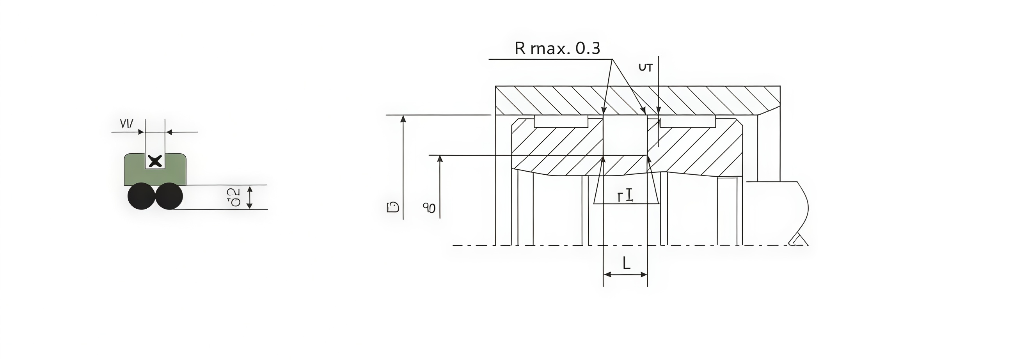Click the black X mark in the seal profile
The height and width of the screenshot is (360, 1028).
155,161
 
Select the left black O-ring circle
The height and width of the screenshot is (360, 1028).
141,196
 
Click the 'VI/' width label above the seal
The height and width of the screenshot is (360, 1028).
126,124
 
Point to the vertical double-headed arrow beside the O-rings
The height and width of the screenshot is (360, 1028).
249,197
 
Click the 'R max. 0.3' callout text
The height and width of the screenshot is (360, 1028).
557,48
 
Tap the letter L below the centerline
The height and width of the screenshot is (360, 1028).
626,263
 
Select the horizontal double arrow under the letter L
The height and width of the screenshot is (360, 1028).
625,274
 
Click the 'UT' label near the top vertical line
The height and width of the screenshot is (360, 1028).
645,68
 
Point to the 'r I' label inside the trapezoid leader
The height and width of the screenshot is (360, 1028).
625,195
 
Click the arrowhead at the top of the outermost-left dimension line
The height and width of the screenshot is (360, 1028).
403,119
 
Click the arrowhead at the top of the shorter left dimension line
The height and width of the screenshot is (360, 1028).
440,158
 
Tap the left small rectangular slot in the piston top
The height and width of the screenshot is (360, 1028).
561,121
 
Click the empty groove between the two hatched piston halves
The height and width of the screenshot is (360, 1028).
625,136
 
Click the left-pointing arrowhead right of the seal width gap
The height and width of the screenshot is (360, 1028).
169,132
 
